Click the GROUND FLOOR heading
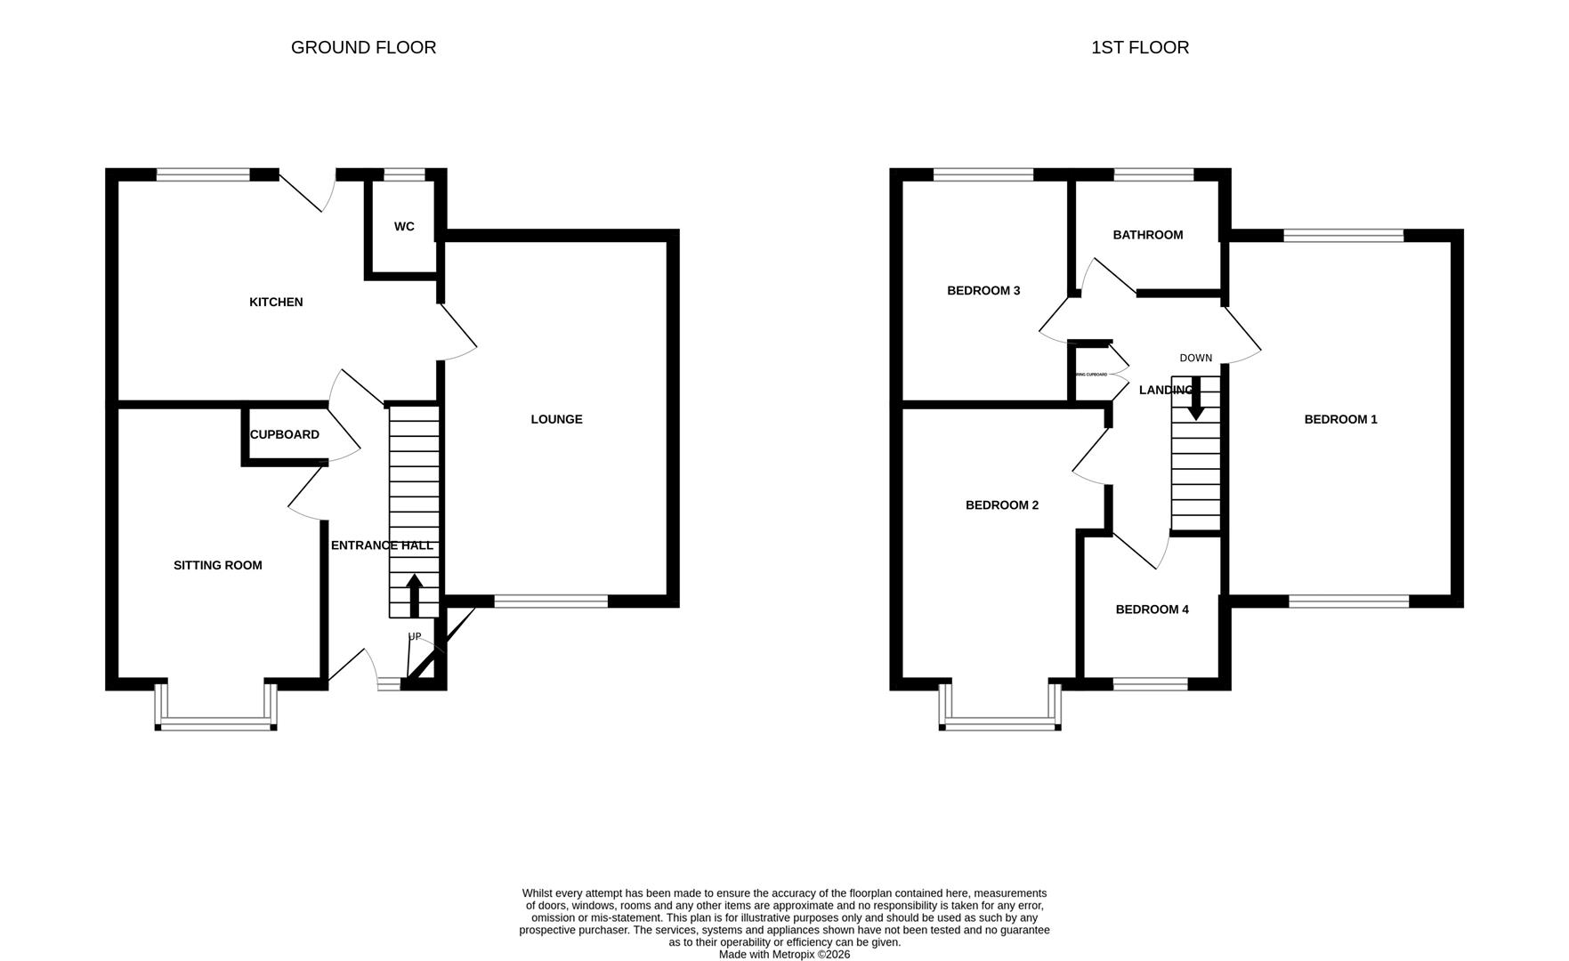pos(363,48)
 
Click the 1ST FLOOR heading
pos(1139,48)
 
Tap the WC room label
pos(404,227)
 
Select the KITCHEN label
pos(276,303)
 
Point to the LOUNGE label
pos(556,419)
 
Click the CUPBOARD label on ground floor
pos(284,435)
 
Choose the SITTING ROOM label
pos(217,565)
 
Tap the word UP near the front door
pos(415,636)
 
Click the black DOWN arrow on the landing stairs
pos(1195,399)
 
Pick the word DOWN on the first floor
pos(1195,358)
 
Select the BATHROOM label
pos(1147,235)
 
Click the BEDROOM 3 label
pos(983,291)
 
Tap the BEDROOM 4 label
pos(1152,610)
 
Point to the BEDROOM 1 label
pos(1340,419)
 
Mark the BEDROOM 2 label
pos(1001,505)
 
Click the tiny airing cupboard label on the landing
pos(1091,375)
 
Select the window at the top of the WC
pos(404,174)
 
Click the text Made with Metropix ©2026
pos(784,954)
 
